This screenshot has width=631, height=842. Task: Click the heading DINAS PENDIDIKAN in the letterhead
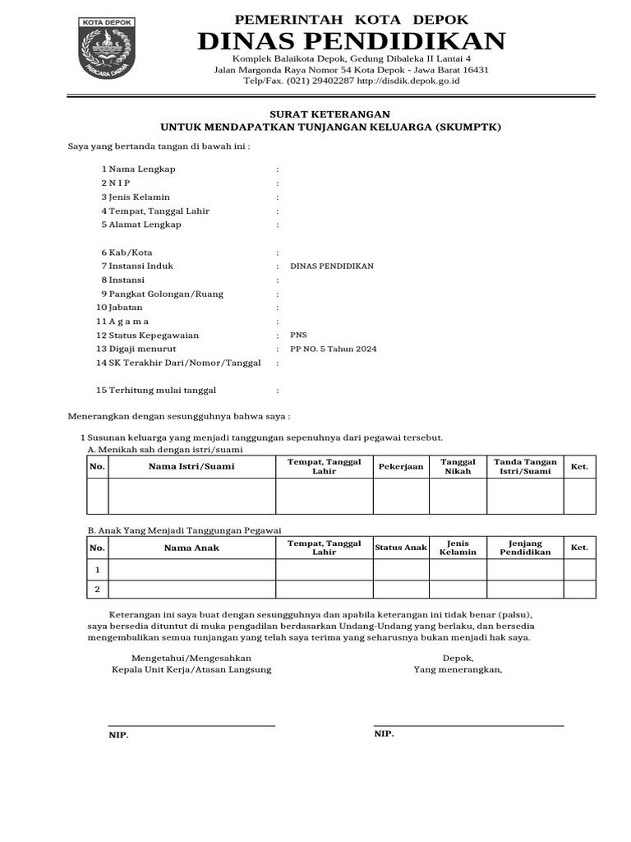click(351, 40)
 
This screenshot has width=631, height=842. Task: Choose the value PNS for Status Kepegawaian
click(298, 335)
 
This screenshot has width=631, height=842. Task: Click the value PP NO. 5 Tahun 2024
click(334, 349)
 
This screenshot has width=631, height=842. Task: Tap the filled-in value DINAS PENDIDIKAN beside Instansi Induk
click(332, 266)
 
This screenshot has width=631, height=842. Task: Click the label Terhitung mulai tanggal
click(163, 391)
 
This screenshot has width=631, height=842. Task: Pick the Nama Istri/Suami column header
click(191, 467)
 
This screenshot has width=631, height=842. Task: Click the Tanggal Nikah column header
click(458, 467)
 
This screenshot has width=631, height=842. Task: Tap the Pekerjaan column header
click(401, 467)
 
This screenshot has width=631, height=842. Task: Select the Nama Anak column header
click(191, 548)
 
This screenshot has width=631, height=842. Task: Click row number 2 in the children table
click(98, 590)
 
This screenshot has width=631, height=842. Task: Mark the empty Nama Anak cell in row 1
click(191, 569)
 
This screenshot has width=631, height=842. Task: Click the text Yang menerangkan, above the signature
click(458, 669)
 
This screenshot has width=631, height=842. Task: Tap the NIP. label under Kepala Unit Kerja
click(119, 735)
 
